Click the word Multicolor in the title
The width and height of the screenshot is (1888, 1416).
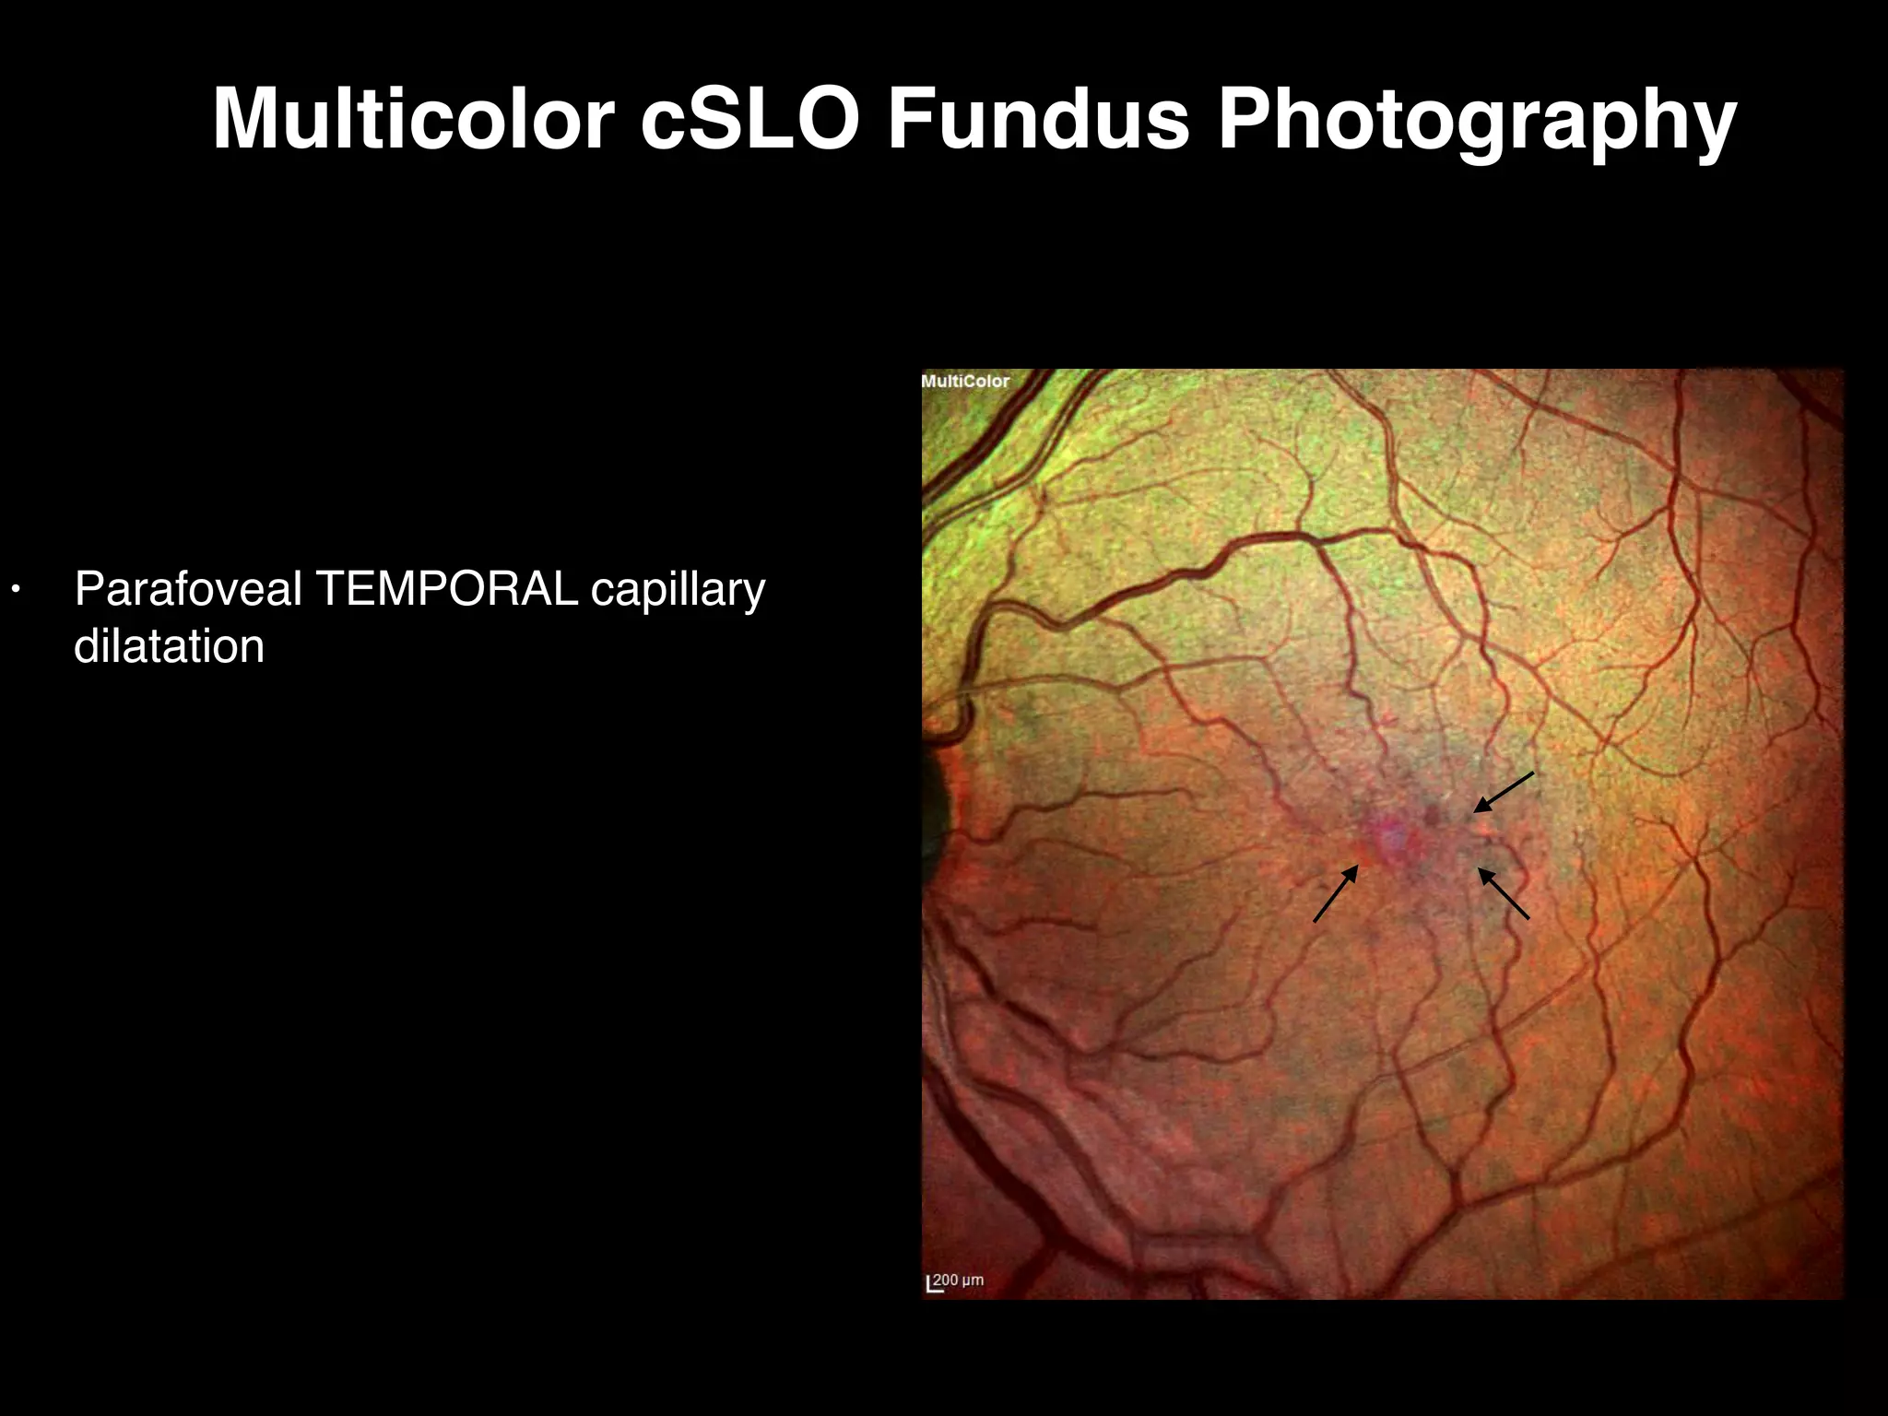(x=413, y=119)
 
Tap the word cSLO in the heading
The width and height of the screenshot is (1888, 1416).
(x=749, y=119)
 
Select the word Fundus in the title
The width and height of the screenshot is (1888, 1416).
(x=1039, y=119)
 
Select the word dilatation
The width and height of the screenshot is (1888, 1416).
(x=169, y=645)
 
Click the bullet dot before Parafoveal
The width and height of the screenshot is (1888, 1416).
(x=15, y=589)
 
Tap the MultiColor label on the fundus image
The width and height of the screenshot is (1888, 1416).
(x=965, y=381)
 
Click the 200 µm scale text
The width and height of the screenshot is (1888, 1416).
(x=958, y=1280)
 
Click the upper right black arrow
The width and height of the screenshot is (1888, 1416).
(x=1503, y=793)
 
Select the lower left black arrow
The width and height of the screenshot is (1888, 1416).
(x=1335, y=893)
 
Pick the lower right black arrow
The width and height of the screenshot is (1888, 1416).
(x=1504, y=893)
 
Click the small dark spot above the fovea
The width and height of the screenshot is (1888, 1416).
(x=1432, y=813)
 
